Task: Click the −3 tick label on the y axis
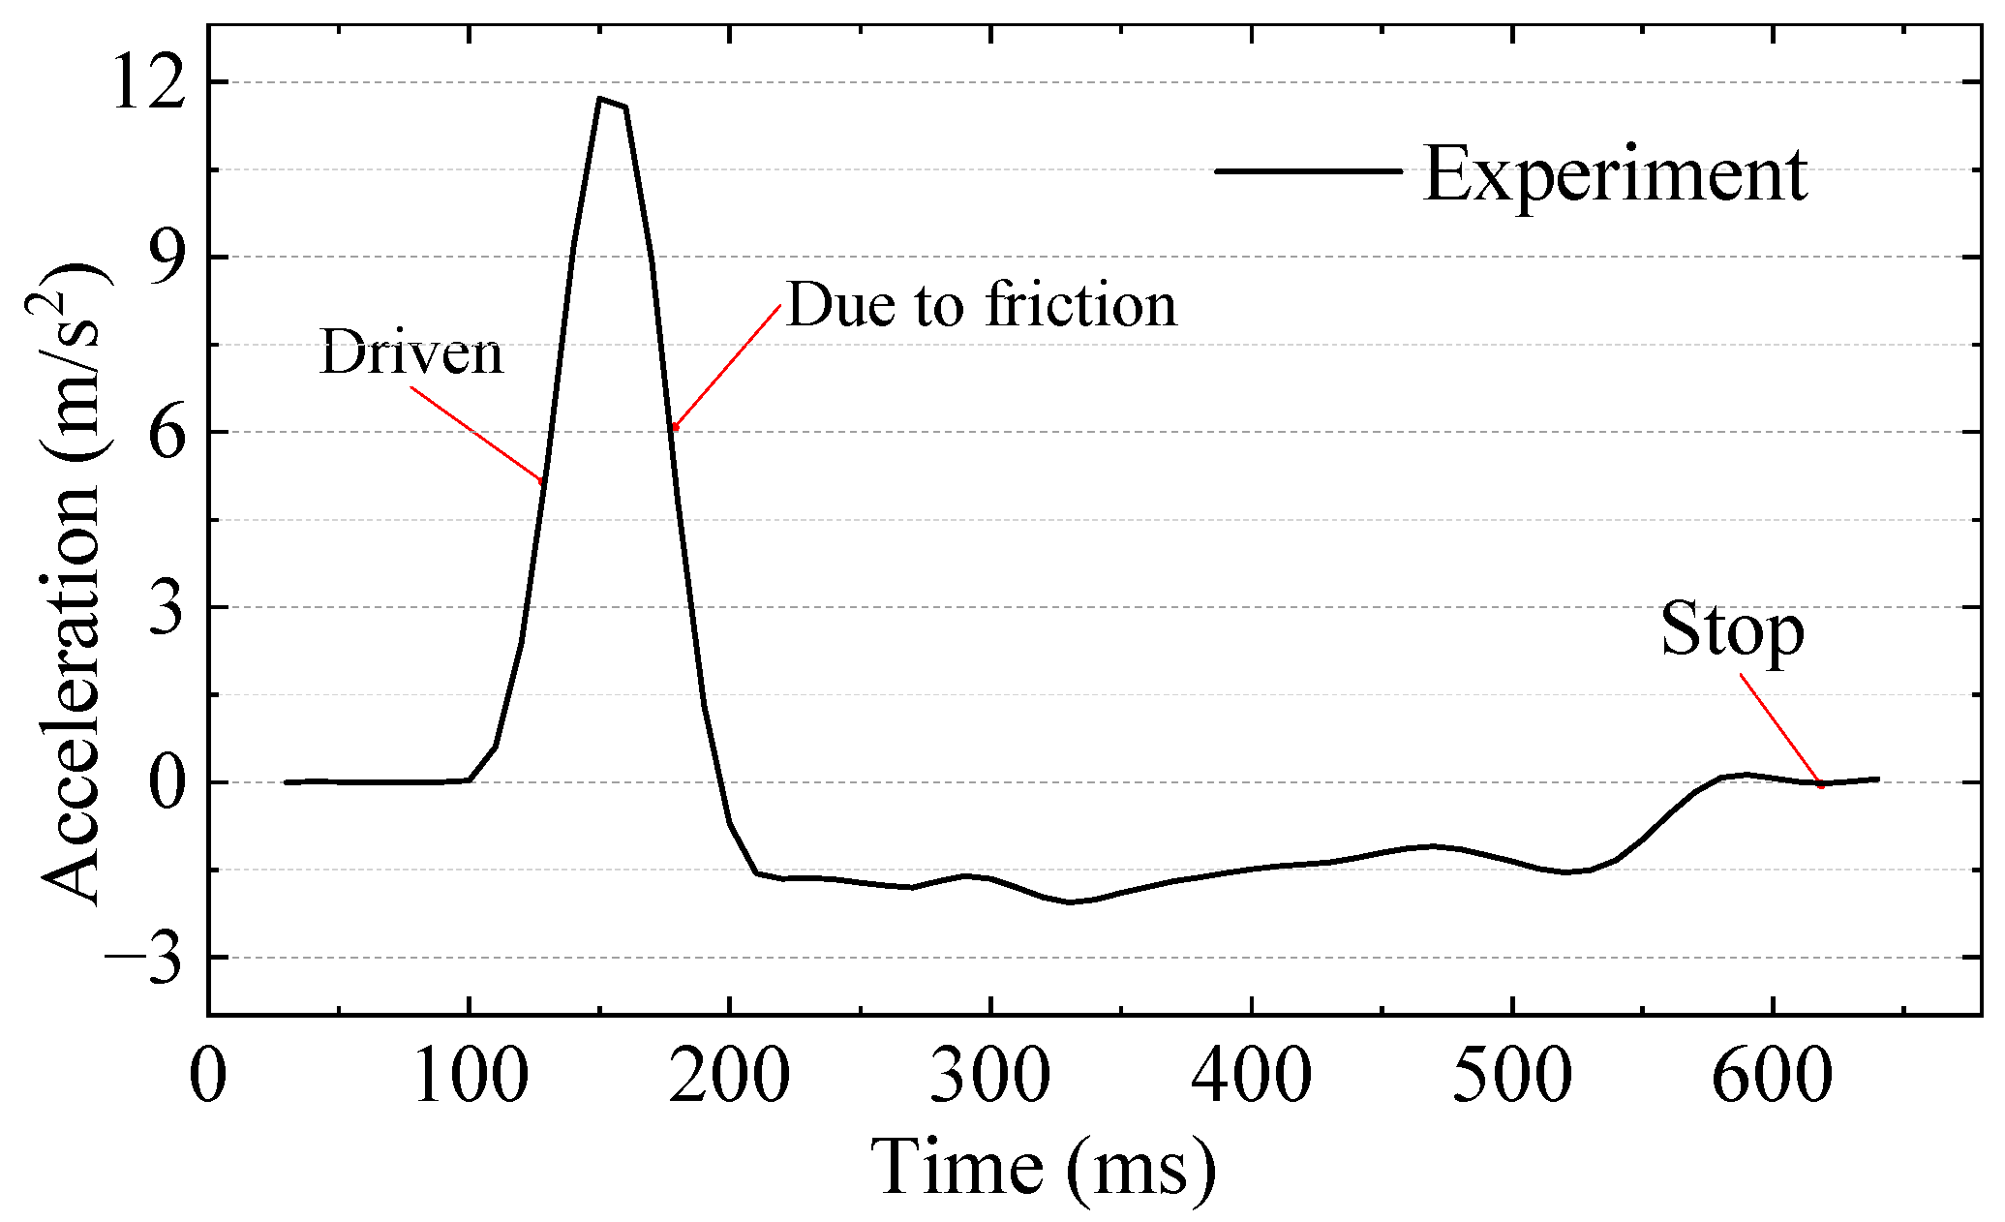point(145,958)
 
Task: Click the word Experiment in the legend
point(1614,174)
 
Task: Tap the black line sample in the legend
point(1307,171)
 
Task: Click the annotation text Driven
point(411,352)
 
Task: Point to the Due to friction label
point(981,304)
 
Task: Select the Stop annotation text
point(1732,629)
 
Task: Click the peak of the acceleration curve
point(601,99)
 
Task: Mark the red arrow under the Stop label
point(1781,731)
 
